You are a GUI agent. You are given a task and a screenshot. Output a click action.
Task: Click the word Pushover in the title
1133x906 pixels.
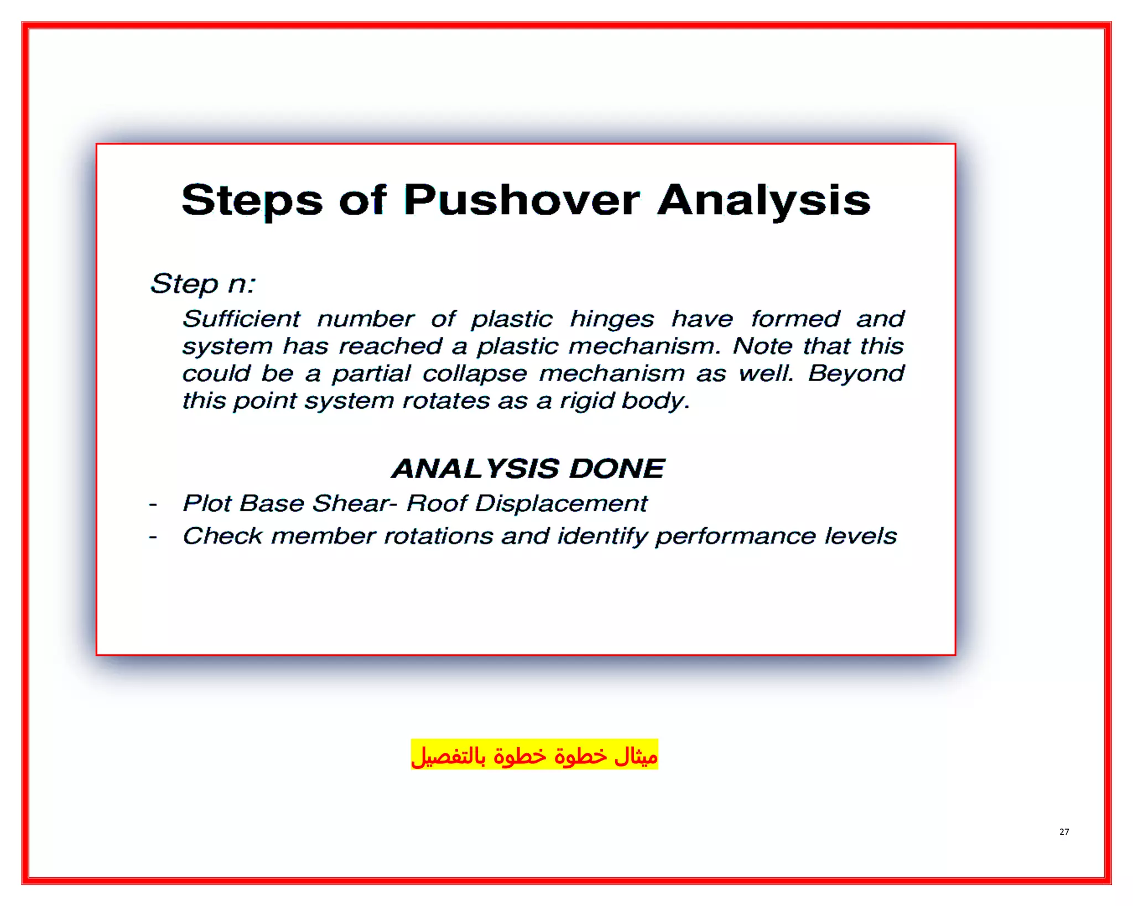click(522, 200)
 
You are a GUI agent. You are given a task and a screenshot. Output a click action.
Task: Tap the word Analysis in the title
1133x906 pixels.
click(764, 200)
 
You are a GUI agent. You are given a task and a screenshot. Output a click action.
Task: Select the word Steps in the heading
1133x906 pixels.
click(252, 200)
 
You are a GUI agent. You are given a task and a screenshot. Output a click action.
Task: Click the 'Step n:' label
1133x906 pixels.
click(203, 284)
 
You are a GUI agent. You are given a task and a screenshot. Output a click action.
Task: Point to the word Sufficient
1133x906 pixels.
click(241, 319)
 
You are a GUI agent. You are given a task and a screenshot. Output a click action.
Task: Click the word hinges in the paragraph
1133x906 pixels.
click(612, 319)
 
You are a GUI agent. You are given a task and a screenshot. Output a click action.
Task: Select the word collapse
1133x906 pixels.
click(475, 374)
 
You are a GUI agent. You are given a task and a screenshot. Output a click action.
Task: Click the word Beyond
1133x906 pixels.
click(856, 373)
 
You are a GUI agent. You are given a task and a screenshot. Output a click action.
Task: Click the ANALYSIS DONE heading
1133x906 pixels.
click(528, 468)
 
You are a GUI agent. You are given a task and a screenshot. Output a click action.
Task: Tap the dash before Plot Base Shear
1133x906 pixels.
click(153, 504)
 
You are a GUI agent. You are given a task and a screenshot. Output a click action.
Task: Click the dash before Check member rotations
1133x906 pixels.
click(153, 537)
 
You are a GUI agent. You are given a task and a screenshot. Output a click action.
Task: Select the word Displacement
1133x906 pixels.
click(561, 503)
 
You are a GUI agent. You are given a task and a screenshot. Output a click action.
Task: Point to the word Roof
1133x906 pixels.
click(437, 503)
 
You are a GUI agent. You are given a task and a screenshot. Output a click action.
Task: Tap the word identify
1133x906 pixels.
click(602, 536)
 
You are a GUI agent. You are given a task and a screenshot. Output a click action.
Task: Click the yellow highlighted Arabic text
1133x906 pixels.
click(534, 755)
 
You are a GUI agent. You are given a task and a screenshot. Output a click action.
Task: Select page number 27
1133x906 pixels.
click(1064, 832)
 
